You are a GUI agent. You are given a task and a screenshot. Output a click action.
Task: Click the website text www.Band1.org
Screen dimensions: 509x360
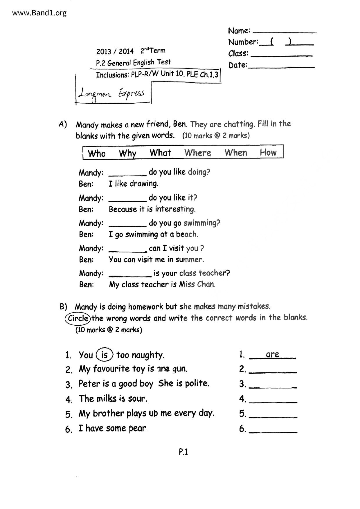[x=39, y=13]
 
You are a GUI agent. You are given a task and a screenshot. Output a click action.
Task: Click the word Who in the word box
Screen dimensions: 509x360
[x=96, y=153]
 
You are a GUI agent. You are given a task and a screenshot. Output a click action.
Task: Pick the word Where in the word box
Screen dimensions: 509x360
[x=197, y=153]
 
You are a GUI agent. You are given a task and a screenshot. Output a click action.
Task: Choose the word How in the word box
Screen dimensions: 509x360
[x=268, y=152]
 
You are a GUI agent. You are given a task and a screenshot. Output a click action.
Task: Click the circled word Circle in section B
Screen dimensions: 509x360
[x=78, y=318]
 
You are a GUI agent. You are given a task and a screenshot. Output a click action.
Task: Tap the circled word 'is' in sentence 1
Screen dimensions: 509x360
[x=105, y=355]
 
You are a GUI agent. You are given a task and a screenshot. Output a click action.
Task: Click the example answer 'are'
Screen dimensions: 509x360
[x=272, y=354]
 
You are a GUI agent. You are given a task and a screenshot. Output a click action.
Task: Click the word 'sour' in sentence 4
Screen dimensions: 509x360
[x=137, y=399]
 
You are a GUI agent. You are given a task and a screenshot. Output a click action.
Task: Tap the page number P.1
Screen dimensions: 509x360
[x=183, y=452]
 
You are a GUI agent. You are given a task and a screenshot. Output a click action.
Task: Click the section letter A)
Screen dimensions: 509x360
[x=63, y=124]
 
